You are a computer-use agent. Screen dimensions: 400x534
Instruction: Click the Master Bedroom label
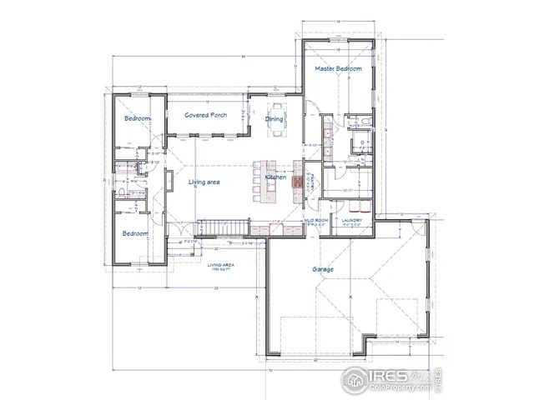pos(338,69)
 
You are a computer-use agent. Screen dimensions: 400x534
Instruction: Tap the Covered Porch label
pos(206,115)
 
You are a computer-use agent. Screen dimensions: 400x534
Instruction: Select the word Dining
pos(275,119)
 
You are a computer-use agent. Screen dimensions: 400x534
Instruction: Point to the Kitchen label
pos(276,177)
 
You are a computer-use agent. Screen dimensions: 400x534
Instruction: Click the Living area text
pos(204,182)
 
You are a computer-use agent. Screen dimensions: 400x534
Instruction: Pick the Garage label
pos(323,269)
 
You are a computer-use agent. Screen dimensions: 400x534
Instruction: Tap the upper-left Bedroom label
pos(137,119)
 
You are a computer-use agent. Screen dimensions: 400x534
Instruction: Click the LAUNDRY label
pos(350,220)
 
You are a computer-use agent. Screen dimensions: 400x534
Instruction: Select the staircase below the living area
pos(222,227)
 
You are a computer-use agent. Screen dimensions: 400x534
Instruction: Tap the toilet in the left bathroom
pos(122,192)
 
